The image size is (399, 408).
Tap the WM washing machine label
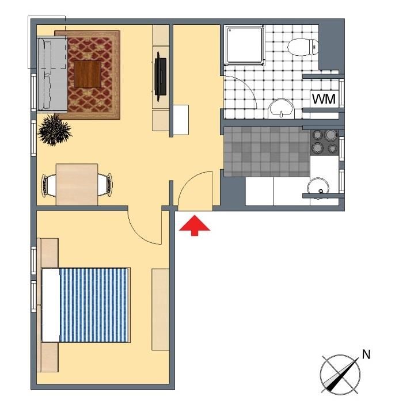pyautogui.click(x=324, y=99)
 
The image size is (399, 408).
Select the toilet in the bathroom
pyautogui.click(x=303, y=47)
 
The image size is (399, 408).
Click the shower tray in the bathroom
pyautogui.click(x=244, y=45)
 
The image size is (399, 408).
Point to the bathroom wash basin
pyautogui.click(x=281, y=109)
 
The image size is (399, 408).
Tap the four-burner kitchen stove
pyautogui.click(x=324, y=142)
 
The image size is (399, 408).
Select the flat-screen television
pyautogui.click(x=160, y=77)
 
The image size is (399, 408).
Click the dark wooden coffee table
pyautogui.click(x=88, y=74)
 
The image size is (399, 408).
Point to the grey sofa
pyautogui.click(x=52, y=74)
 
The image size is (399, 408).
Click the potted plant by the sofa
pyautogui.click(x=55, y=129)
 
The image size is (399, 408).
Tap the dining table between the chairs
pyautogui.click(x=77, y=184)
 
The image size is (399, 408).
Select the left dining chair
pyautogui.click(x=49, y=185)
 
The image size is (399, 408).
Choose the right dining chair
pyautogui.click(x=105, y=185)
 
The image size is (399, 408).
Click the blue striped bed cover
pyautogui.click(x=95, y=305)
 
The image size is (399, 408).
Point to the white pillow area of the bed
pyautogui.click(x=51, y=305)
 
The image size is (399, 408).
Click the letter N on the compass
pyautogui.click(x=366, y=354)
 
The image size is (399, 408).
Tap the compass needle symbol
pyautogui.click(x=340, y=375)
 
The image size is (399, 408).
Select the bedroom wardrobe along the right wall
pyautogui.click(x=161, y=310)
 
